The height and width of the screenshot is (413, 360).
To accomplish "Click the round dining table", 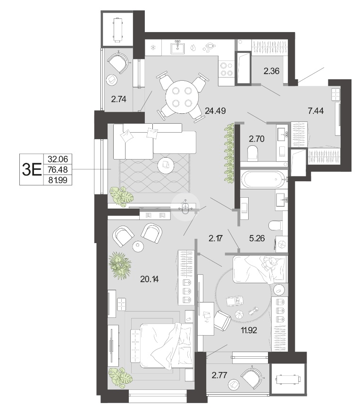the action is [182, 97].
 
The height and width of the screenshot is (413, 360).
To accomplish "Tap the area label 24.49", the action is [215, 111].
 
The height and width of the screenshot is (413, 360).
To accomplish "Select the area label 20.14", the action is [149, 279].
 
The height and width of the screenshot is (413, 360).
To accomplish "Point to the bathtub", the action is [263, 180].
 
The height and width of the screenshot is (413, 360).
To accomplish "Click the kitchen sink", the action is [178, 48].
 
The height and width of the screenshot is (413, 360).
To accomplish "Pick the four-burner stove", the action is [226, 69].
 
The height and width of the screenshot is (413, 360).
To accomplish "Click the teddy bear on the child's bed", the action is [270, 264].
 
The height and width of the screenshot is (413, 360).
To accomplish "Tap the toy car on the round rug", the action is [235, 301].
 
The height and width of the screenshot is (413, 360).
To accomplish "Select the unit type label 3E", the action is [32, 169].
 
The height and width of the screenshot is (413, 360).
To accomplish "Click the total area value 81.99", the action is [58, 180].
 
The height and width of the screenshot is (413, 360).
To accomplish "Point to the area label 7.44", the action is [316, 111].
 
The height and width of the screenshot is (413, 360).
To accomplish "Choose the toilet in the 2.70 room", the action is [252, 153].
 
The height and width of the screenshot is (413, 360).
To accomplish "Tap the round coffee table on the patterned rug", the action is [166, 165].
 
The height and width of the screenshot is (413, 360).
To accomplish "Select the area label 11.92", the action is [249, 330].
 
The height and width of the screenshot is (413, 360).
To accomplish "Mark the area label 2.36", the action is [271, 71].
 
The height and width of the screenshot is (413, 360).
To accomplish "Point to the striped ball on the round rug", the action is [240, 314].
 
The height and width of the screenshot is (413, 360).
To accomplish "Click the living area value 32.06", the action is [58, 159].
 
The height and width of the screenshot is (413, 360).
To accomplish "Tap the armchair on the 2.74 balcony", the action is [119, 63].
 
